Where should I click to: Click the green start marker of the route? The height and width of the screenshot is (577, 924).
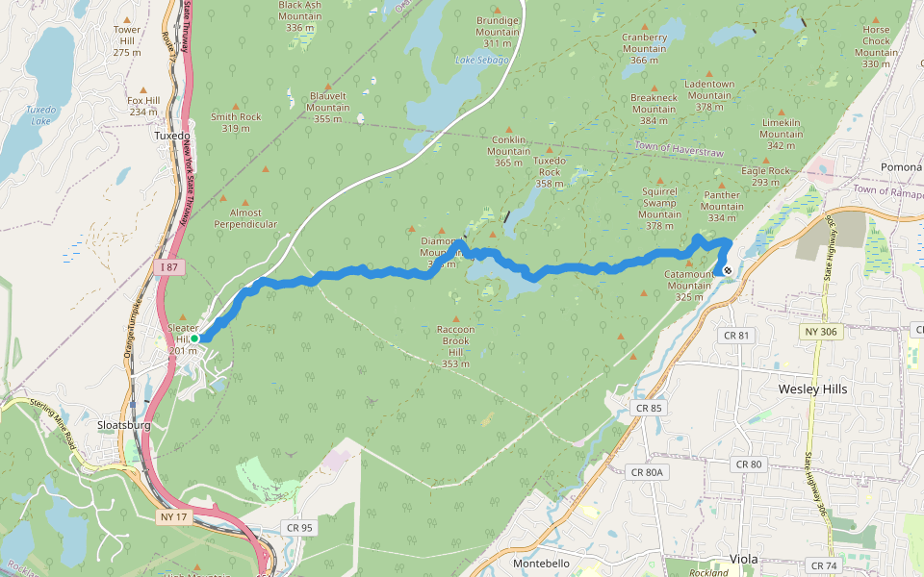tap(194, 339)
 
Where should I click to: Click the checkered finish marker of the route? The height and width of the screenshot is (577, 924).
tap(728, 271)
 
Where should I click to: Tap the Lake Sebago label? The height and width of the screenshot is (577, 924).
tap(481, 60)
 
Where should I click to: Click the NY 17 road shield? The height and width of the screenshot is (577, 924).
tap(171, 516)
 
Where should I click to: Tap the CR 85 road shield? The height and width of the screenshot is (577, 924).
tap(648, 408)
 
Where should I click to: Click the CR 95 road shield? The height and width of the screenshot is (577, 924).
tap(299, 527)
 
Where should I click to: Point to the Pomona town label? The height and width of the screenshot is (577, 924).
tap(901, 166)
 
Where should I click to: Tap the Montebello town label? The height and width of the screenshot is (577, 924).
tap(542, 563)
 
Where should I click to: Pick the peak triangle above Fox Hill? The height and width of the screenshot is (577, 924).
tap(142, 88)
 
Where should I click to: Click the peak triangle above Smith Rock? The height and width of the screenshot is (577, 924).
tap(236, 105)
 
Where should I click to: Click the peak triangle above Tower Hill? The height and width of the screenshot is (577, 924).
tap(127, 17)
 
